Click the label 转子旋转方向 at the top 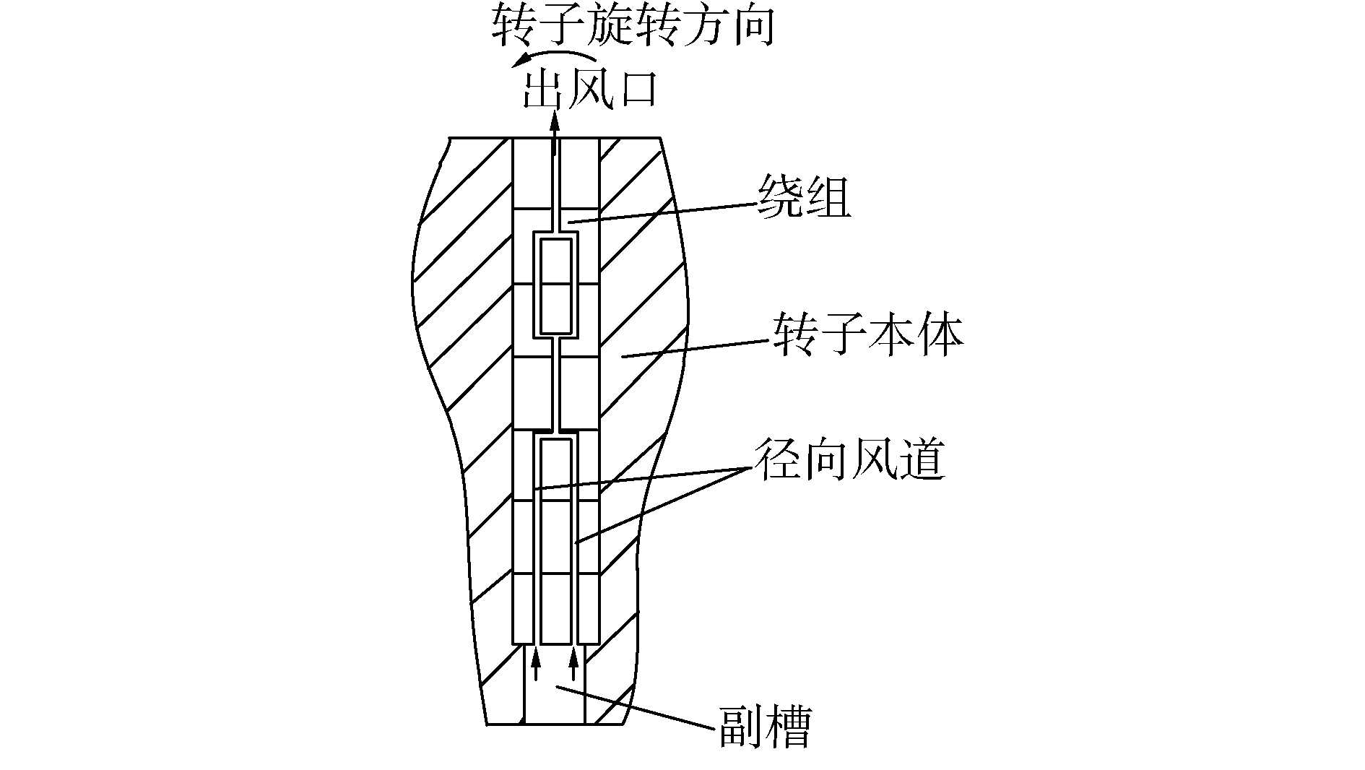[x=633, y=27]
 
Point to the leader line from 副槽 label [x=636, y=708]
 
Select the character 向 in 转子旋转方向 [x=751, y=27]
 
